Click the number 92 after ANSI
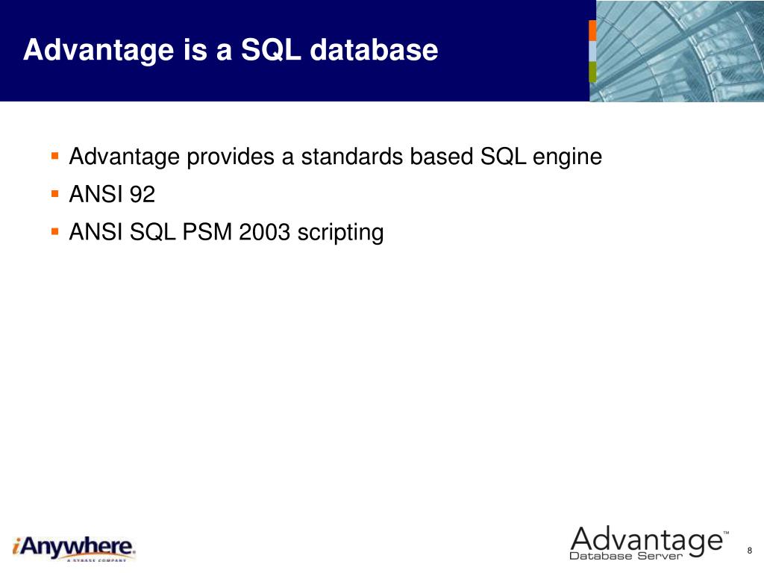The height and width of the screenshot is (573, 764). [x=142, y=195]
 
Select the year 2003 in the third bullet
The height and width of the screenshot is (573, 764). [x=264, y=232]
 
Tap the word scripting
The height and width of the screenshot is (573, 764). [x=340, y=234]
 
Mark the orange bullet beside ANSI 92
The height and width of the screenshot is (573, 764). [x=55, y=194]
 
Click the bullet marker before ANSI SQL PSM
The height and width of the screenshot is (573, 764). [x=55, y=231]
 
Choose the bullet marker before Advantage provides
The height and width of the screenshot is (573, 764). [x=55, y=157]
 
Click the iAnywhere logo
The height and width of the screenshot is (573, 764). [x=74, y=548]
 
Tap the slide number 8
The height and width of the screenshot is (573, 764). [x=749, y=551]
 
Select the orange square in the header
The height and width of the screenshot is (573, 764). [x=592, y=30]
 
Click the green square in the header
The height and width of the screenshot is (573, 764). [x=592, y=72]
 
